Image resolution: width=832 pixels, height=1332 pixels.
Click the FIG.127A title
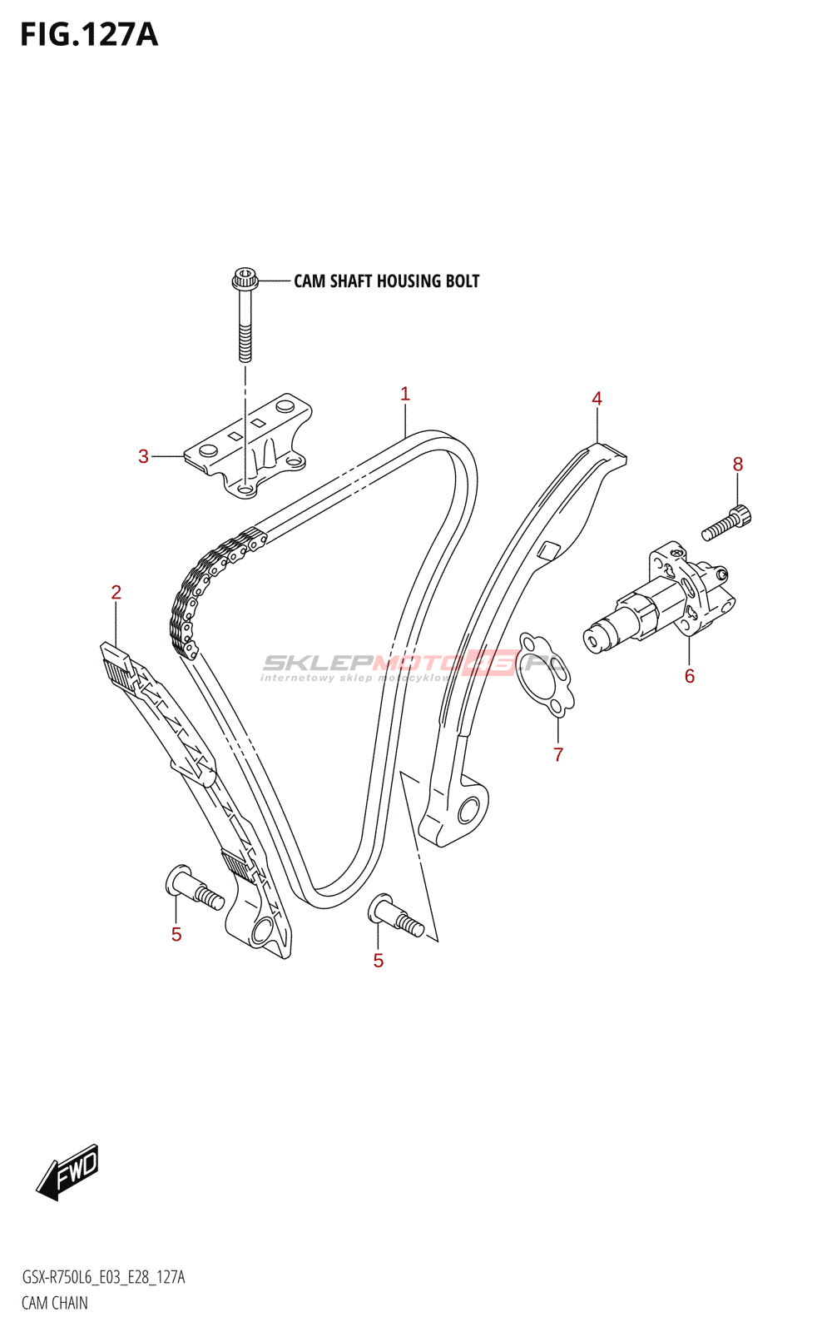pyautogui.click(x=89, y=35)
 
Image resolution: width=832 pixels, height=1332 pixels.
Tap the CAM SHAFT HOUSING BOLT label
pyautogui.click(x=386, y=281)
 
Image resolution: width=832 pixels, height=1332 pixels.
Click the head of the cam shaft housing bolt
pyautogui.click(x=245, y=278)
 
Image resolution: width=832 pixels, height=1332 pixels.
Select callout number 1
pyautogui.click(x=404, y=394)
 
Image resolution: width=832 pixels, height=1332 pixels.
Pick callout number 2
pyautogui.click(x=116, y=592)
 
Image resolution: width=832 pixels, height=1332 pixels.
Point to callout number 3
pyautogui.click(x=143, y=457)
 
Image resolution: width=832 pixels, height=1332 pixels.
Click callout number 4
pyautogui.click(x=597, y=399)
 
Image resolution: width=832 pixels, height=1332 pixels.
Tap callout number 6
pyautogui.click(x=690, y=676)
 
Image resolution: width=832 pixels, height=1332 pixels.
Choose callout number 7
pyautogui.click(x=558, y=754)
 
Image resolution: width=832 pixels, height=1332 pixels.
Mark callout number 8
pyautogui.click(x=737, y=465)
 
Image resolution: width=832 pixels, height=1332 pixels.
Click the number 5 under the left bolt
pyautogui.click(x=176, y=935)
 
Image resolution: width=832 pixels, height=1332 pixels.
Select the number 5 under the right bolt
pyautogui.click(x=379, y=961)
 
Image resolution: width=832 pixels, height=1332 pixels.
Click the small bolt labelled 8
pyautogui.click(x=726, y=522)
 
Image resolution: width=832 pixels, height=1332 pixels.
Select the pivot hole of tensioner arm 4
pyautogui.click(x=468, y=810)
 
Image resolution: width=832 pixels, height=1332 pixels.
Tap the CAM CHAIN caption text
pyautogui.click(x=55, y=1304)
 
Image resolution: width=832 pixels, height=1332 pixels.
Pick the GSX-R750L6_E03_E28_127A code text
pyautogui.click(x=103, y=1277)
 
